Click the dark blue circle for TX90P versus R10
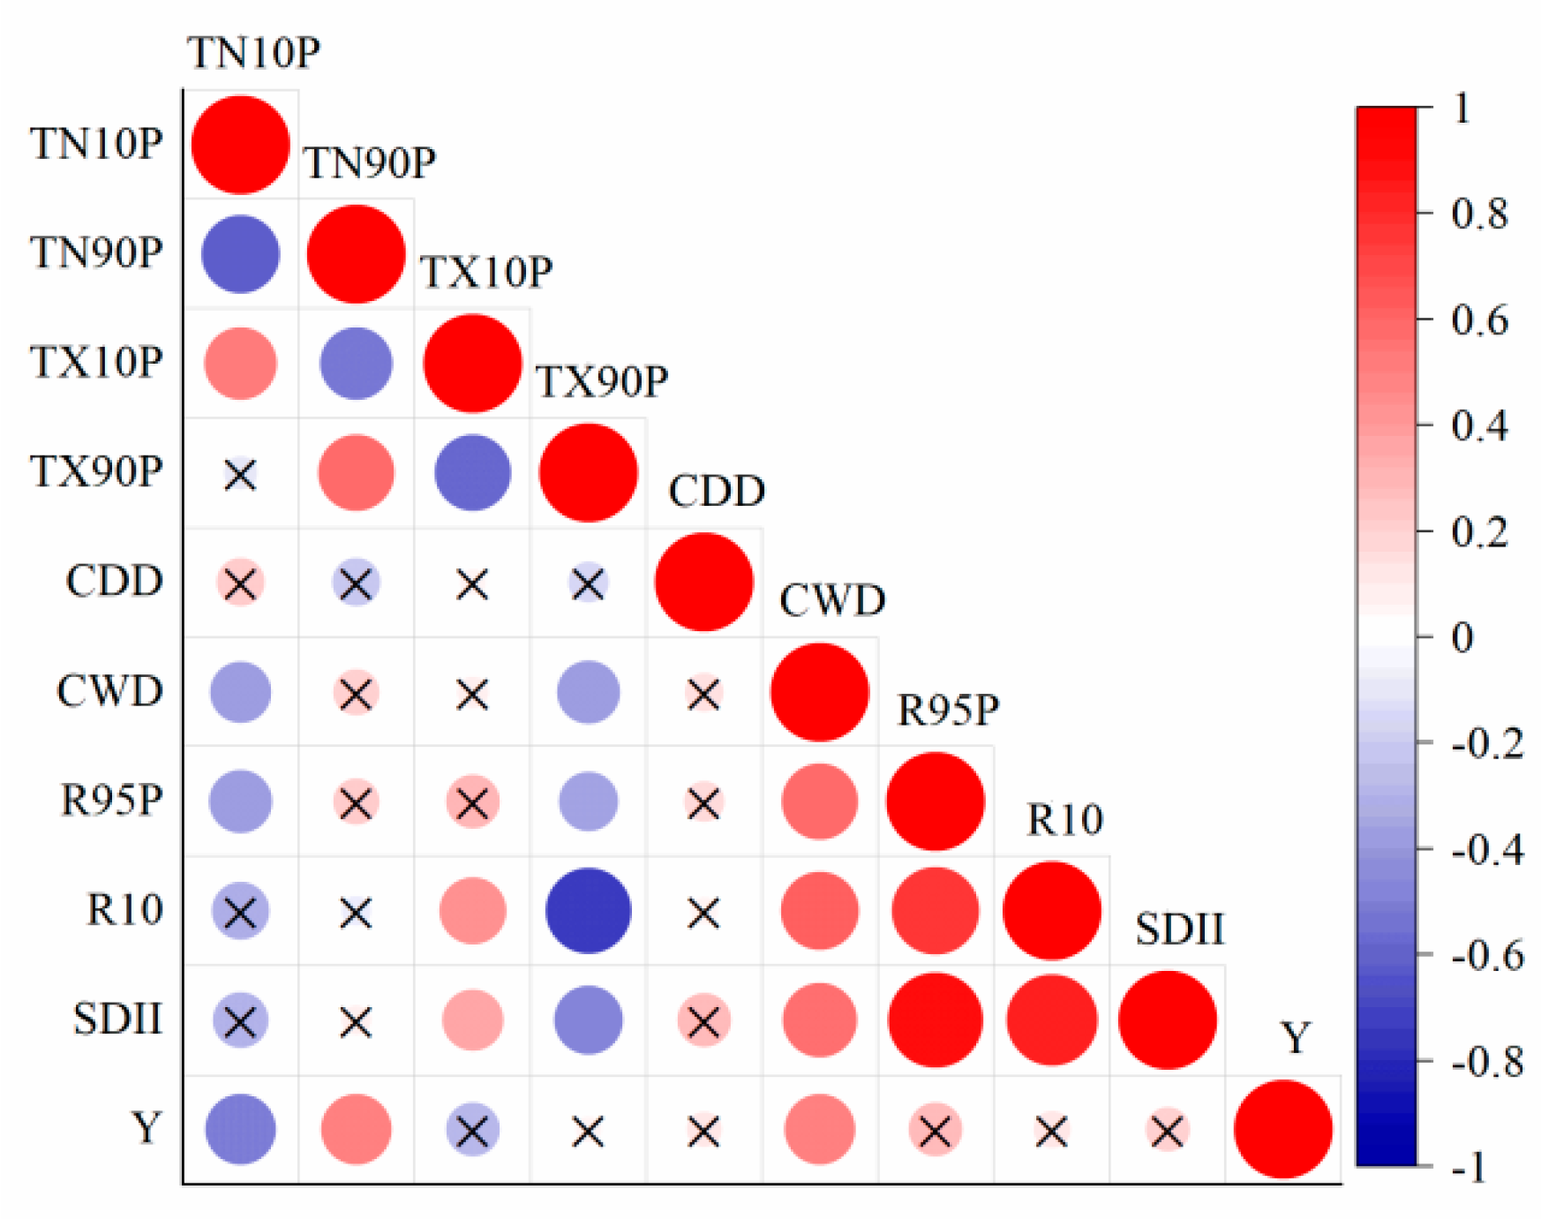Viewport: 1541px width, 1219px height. [x=588, y=911]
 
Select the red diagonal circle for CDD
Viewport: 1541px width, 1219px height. [x=703, y=583]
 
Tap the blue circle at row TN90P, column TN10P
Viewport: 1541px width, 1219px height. [x=240, y=254]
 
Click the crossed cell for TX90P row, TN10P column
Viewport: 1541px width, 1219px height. [x=240, y=474]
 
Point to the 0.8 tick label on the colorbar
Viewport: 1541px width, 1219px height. [x=1479, y=214]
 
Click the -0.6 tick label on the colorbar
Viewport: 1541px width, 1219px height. [x=1487, y=955]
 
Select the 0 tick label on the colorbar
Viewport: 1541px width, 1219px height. [x=1462, y=637]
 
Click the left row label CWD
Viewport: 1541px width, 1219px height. [x=109, y=691]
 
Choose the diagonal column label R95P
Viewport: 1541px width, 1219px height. [x=948, y=710]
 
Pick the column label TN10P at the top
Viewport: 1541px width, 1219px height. [x=253, y=53]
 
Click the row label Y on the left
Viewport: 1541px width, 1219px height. [x=147, y=1128]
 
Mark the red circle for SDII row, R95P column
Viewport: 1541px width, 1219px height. [x=935, y=1020]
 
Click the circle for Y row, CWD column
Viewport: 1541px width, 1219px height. [x=819, y=1129]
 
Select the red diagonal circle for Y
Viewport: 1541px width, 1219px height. [x=1282, y=1129]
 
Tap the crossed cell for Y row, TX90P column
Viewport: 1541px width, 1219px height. [x=588, y=1131]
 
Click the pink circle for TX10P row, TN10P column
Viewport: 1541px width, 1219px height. [x=240, y=364]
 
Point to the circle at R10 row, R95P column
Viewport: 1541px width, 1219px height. [x=935, y=911]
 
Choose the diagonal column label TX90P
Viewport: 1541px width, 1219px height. [x=602, y=382]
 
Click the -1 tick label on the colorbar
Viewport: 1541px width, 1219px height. [x=1470, y=1168]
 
